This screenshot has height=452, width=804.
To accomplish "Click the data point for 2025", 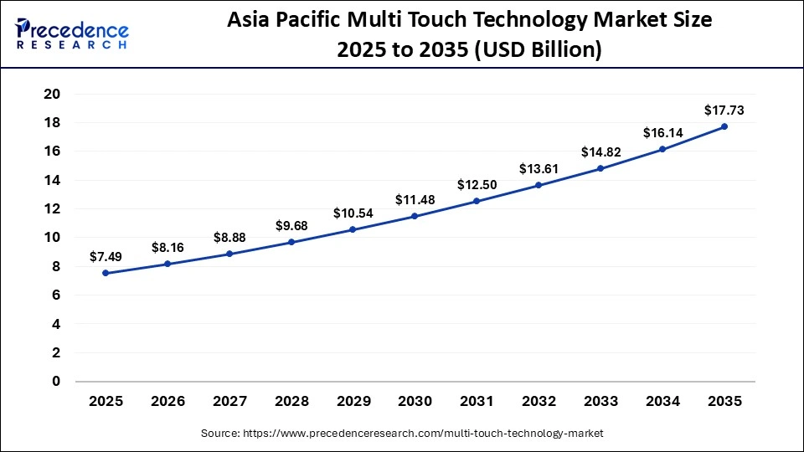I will pyautogui.click(x=106, y=273).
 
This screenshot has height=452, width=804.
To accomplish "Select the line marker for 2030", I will pyautogui.click(x=415, y=216).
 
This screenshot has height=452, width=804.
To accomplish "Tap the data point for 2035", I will pyautogui.click(x=724, y=126).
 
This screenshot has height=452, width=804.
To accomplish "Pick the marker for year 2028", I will pyautogui.click(x=291, y=242).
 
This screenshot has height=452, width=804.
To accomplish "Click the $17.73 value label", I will pyautogui.click(x=724, y=110).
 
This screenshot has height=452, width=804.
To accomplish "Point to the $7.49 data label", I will pyautogui.click(x=106, y=256).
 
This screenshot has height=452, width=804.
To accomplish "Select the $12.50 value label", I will pyautogui.click(x=477, y=184).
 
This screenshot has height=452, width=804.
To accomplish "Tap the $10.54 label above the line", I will pyautogui.click(x=353, y=213).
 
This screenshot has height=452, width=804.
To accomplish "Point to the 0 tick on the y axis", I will pyautogui.click(x=55, y=381).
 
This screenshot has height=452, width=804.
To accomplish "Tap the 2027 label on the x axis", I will pyautogui.click(x=229, y=402).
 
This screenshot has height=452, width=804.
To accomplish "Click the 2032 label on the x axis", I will pyautogui.click(x=539, y=402).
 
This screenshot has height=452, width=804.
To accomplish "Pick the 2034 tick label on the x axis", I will pyautogui.click(x=662, y=402).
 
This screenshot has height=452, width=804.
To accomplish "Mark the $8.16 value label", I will pyautogui.click(x=167, y=247).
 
